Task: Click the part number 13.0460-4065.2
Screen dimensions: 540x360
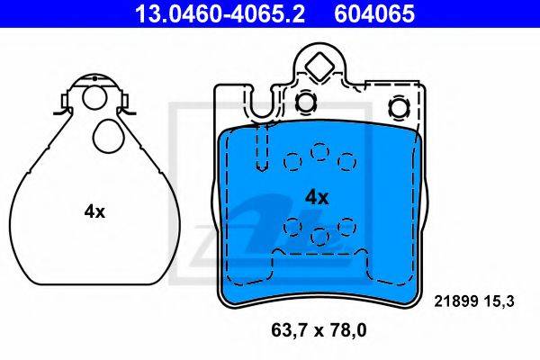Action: tap(220, 13)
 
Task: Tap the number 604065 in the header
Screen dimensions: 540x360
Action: tap(374, 13)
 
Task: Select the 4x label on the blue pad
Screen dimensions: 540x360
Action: tap(317, 198)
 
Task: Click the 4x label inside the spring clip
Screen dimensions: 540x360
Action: tap(94, 211)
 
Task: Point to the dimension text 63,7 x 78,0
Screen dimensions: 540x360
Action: tap(319, 330)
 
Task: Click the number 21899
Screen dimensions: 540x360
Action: tap(456, 301)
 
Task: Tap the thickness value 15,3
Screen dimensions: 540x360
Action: tap(500, 301)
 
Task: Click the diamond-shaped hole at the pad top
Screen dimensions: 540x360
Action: tap(319, 67)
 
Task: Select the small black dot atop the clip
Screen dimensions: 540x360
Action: tap(94, 78)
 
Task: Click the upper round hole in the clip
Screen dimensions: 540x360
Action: tap(94, 97)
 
